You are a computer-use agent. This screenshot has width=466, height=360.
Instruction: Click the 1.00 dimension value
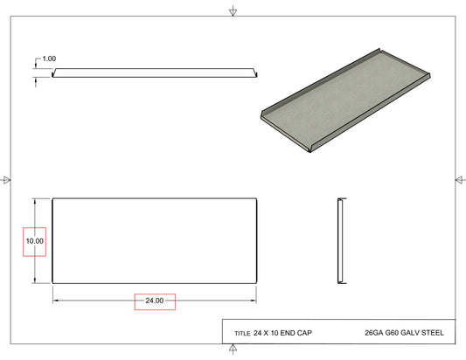(49, 59)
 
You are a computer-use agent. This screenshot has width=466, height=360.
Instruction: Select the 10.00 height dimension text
(35, 241)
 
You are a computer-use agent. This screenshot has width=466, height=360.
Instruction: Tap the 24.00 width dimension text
(155, 301)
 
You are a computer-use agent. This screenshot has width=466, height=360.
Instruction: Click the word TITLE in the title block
(242, 334)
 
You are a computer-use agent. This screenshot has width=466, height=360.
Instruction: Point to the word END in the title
(288, 333)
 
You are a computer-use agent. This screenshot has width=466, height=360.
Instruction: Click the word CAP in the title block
(304, 333)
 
